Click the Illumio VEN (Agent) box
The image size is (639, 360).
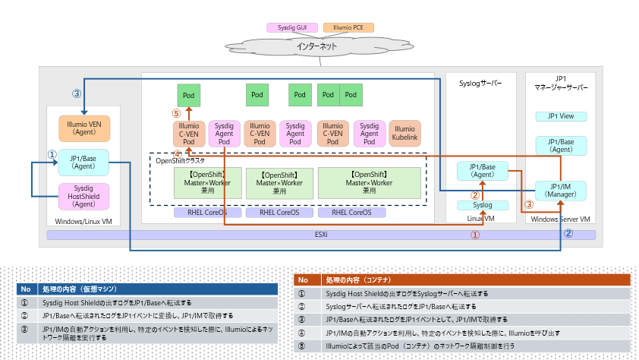[x=84, y=127]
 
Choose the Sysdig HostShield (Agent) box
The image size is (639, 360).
[x=83, y=196]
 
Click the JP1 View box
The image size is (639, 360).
[x=560, y=116]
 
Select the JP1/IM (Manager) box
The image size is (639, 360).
[x=560, y=191]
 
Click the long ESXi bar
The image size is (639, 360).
[x=321, y=235]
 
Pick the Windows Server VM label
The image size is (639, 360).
[x=560, y=219]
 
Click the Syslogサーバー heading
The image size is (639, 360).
[x=481, y=84]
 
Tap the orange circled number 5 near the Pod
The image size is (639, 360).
[x=176, y=114]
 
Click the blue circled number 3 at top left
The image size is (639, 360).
[x=76, y=94]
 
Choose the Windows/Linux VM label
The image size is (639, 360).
[x=83, y=221]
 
